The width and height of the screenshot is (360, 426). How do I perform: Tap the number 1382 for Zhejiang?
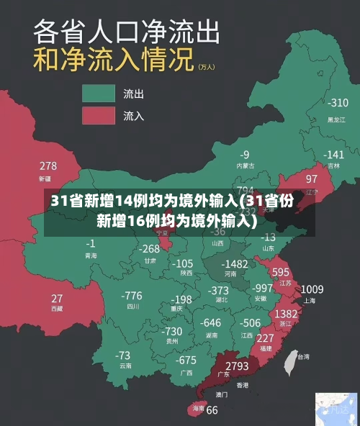pyautogui.click(x=286, y=314)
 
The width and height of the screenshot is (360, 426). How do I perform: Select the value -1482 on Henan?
pyautogui.click(x=234, y=264)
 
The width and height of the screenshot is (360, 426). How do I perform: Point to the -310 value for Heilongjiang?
pyautogui.click(x=337, y=103)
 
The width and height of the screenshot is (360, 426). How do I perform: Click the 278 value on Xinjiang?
pyautogui.click(x=48, y=166)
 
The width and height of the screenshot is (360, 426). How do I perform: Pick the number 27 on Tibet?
pyautogui.click(x=56, y=298)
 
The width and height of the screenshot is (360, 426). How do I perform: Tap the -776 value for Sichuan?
pyautogui.click(x=132, y=295)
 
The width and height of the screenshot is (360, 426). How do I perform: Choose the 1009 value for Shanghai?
pyautogui.click(x=312, y=289)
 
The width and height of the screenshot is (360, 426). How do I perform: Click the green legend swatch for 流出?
pyautogui.click(x=99, y=94)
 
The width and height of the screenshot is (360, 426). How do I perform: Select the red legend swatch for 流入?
pyautogui.click(x=99, y=115)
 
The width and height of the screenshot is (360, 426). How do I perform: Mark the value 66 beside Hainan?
pyautogui.click(x=212, y=410)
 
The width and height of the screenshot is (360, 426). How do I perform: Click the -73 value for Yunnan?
pyautogui.click(x=123, y=355)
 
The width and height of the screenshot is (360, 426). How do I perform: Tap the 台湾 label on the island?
pyautogui.click(x=303, y=356)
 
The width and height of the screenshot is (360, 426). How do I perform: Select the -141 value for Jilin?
pyautogui.click(x=333, y=154)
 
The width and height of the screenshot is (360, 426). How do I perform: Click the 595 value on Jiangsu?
pyautogui.click(x=280, y=272)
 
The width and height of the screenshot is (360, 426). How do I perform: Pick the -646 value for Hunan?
pyautogui.click(x=211, y=322)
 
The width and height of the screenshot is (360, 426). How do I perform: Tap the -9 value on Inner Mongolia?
pyautogui.click(x=245, y=154)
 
